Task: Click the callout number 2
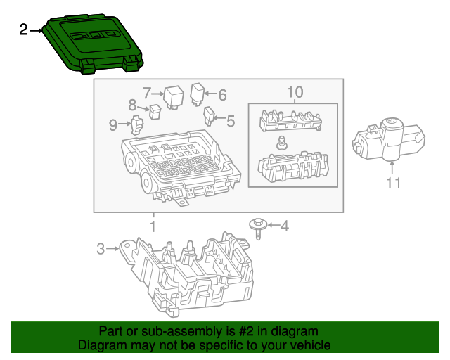point(23,30)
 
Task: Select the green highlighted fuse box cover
point(92,44)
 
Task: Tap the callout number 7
point(147,93)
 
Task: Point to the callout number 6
point(222,94)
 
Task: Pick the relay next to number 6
point(198,92)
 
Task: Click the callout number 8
point(131,105)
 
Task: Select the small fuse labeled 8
point(155,110)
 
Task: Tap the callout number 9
point(113,125)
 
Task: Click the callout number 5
point(230,120)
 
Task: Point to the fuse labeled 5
point(209,115)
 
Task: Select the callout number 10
point(294,92)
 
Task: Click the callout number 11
point(392,184)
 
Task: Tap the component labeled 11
point(389,138)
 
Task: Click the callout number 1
point(153,226)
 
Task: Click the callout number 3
point(101,248)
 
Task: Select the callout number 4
point(284,226)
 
